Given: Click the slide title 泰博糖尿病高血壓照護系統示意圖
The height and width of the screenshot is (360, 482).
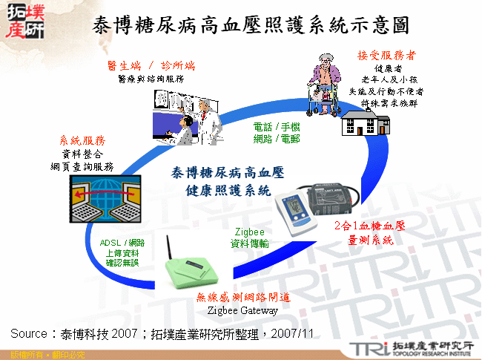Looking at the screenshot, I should (x=251, y=24).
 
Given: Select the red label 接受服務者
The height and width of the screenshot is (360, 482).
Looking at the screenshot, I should (x=386, y=56).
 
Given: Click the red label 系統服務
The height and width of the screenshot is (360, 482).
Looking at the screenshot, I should (x=82, y=140).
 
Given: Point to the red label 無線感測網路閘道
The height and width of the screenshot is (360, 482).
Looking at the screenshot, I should (x=242, y=298).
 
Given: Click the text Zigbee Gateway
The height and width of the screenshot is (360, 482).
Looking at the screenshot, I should (x=242, y=310).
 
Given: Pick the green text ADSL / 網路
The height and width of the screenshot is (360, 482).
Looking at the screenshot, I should (x=122, y=243).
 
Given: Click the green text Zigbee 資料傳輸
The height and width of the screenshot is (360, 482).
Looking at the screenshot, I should (x=249, y=237).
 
